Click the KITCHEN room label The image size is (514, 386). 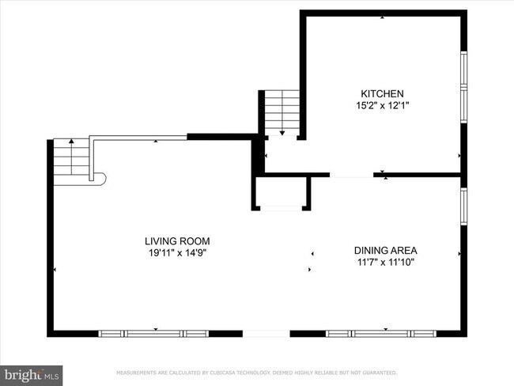tap(383, 93)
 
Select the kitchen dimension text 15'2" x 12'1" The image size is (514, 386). tap(383, 104)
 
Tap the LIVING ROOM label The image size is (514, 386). tap(177, 240)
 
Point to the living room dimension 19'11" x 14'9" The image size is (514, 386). tap(177, 252)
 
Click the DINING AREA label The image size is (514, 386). tap(385, 250)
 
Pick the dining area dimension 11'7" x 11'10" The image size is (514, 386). tap(385, 262)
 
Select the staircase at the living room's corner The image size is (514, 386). tap(71, 157)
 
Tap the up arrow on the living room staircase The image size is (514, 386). tap(72, 143)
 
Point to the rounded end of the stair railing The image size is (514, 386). tap(100, 179)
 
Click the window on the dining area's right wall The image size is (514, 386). tap(464, 204)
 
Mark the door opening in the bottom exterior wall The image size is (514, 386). tap(266, 333)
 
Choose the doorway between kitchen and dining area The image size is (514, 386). tap(353, 174)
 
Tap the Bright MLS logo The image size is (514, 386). tap(32, 373)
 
